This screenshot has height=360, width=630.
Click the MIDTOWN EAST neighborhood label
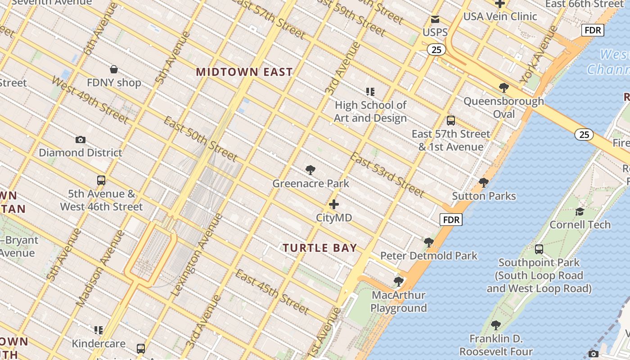click(x=244, y=72)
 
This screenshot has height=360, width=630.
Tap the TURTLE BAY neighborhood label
click(x=320, y=248)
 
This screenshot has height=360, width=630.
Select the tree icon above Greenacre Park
click(x=310, y=170)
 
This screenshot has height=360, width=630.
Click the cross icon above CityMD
click(x=334, y=204)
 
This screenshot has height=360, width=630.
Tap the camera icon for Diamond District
click(x=81, y=139)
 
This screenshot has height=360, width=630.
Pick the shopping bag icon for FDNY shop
click(x=114, y=69)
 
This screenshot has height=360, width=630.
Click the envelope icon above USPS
click(x=435, y=19)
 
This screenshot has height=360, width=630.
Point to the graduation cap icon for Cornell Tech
click(x=580, y=211)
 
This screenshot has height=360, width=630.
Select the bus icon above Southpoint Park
click(x=539, y=249)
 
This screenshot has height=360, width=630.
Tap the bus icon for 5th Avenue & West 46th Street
click(x=101, y=180)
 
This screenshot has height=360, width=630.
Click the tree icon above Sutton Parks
click(x=484, y=183)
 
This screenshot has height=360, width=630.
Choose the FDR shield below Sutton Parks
click(x=451, y=220)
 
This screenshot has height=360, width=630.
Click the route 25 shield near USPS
click(x=436, y=49)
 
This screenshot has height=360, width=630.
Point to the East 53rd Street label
click(x=387, y=175)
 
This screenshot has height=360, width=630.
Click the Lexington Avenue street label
click(x=197, y=255)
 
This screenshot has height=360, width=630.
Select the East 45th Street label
click(x=272, y=292)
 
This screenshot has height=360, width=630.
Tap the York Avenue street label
click(x=539, y=54)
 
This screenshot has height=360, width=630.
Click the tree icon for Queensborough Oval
click(x=504, y=88)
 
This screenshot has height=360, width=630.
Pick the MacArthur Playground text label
click(x=399, y=301)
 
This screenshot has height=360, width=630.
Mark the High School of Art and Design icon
click(x=370, y=92)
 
